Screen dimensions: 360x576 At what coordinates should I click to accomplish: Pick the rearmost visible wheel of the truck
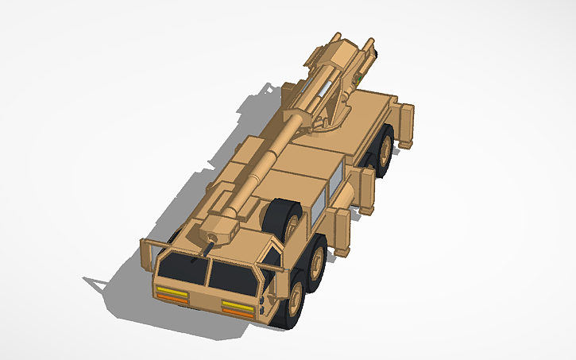(384, 152)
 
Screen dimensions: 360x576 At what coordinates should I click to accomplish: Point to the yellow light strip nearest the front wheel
(237, 304)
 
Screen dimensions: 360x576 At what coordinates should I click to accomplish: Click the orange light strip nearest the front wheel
(237, 311)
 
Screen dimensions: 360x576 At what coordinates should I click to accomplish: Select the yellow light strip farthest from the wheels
(172, 290)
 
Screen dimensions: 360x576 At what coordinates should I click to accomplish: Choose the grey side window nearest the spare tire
(316, 209)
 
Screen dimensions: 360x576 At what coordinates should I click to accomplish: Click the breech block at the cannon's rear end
(339, 54)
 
